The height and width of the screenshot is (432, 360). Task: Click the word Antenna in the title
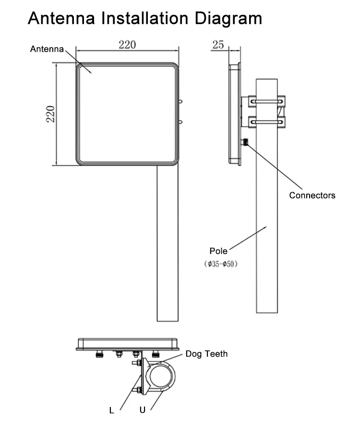(x=61, y=18)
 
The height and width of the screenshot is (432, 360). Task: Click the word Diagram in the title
(x=228, y=19)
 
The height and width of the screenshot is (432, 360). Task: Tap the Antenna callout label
(x=47, y=49)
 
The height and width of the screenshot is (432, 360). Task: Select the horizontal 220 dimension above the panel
(x=127, y=45)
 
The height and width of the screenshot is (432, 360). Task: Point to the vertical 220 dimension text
(x=50, y=114)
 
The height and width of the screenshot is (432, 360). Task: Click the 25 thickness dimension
(x=218, y=45)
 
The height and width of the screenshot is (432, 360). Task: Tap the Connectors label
(x=312, y=195)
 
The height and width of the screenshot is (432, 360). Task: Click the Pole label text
(x=218, y=251)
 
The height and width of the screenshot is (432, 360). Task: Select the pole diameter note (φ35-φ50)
(x=221, y=264)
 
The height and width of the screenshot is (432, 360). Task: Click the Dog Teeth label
(x=206, y=354)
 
